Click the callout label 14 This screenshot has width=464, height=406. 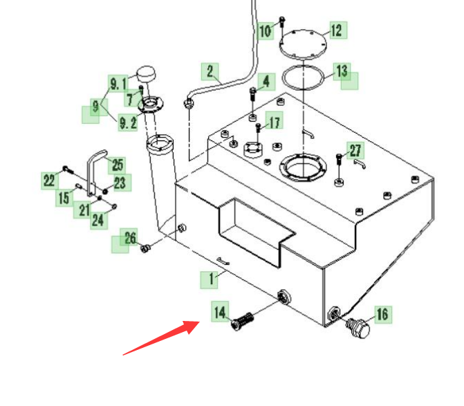pyautogui.click(x=220, y=312)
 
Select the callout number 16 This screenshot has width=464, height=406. pyautogui.click(x=382, y=314)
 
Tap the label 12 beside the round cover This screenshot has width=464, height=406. pyautogui.click(x=337, y=30)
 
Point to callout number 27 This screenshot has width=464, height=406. pyautogui.click(x=355, y=151)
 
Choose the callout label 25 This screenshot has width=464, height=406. pyautogui.click(x=117, y=165)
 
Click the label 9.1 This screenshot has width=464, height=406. pyautogui.click(x=118, y=84)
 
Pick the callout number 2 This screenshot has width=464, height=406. pyautogui.click(x=210, y=72)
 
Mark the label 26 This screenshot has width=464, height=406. pyautogui.click(x=129, y=237)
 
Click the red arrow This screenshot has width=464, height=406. pyautogui.click(x=162, y=338)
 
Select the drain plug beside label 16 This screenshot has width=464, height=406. pyautogui.click(x=358, y=328)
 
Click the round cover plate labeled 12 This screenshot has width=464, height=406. pyautogui.click(x=303, y=44)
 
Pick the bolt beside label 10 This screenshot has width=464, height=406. pyautogui.click(x=281, y=23)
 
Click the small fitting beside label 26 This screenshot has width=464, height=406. pyautogui.click(x=145, y=248)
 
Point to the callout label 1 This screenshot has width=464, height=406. pyautogui.click(x=210, y=279)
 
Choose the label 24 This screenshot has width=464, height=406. pyautogui.click(x=99, y=221)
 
